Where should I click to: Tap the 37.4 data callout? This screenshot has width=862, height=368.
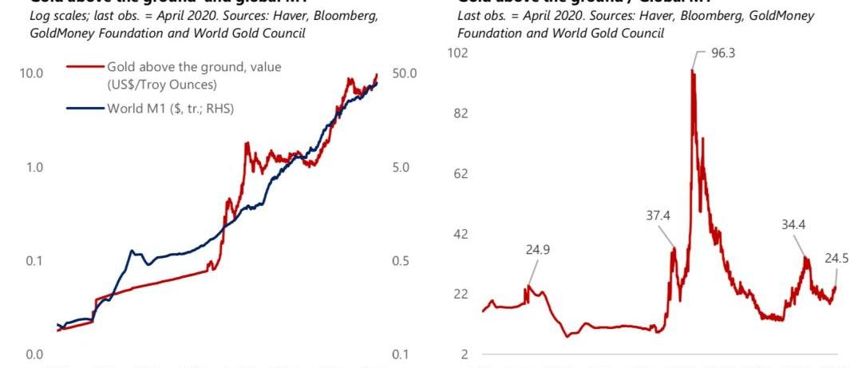[659, 215]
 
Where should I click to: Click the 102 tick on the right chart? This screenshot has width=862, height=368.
[460, 53]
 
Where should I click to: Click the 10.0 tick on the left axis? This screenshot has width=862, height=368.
[31, 73]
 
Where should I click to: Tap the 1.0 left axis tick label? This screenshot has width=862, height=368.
[34, 168]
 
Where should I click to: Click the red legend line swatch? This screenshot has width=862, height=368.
[86, 68]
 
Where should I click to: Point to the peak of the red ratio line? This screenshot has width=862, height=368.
[692, 71]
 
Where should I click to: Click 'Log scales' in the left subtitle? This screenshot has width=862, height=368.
[57, 16]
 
